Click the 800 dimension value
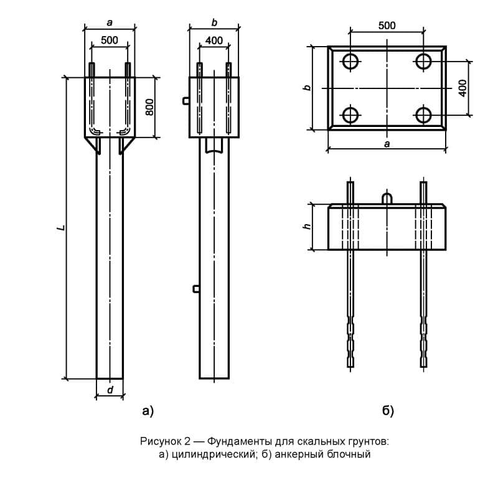click(x=149, y=107)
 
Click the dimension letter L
click(x=60, y=228)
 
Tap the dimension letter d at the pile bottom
click(x=110, y=390)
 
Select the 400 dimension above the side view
click(x=214, y=40)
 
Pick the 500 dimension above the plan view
click(x=387, y=26)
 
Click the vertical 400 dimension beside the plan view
click(x=462, y=88)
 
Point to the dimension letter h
click(x=306, y=227)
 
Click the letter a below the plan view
click(x=387, y=144)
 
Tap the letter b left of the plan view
click(x=306, y=88)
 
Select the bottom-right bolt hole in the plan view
click(x=424, y=115)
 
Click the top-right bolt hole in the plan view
click(x=424, y=60)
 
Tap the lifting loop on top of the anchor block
click(x=387, y=199)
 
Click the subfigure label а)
click(x=148, y=410)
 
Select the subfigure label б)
click(x=388, y=410)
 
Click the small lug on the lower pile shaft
click(x=196, y=288)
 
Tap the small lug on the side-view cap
click(x=186, y=100)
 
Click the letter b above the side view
click(x=214, y=22)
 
